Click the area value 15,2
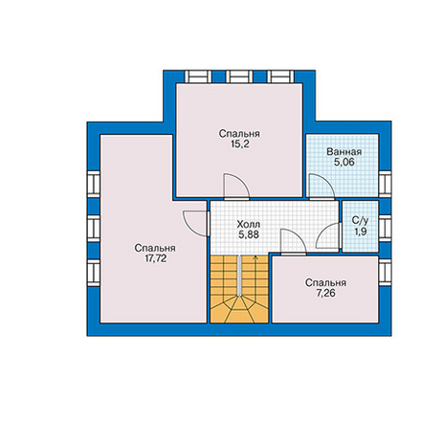tap(239, 144)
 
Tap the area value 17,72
tap(156, 258)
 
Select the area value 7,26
tap(325, 293)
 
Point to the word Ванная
tap(344, 152)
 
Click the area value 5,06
tap(344, 163)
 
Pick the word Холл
tap(249, 224)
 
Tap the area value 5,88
tap(249, 234)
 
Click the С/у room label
tap(360, 220)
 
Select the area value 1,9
tap(360, 232)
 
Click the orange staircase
tap(239, 289)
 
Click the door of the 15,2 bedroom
tap(236, 187)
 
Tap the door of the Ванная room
tap(321, 187)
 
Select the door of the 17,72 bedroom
tap(195, 223)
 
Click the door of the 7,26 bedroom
tap(293, 242)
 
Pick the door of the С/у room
tap(328, 235)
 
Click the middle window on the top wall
tap(239, 77)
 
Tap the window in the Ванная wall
tap(385, 185)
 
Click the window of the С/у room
tap(385, 229)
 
